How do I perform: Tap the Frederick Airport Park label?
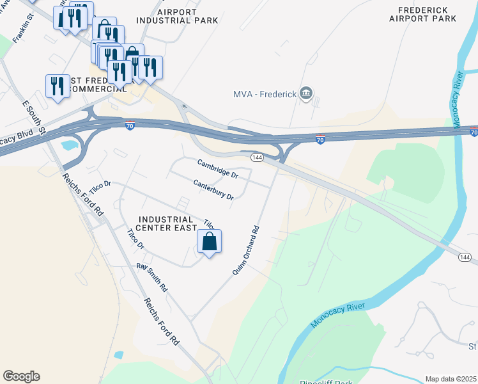point(427,14)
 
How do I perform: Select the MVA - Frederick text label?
point(265,95)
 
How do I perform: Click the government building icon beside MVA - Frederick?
point(306,94)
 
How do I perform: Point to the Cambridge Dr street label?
point(217,169)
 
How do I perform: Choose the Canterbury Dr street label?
point(213,189)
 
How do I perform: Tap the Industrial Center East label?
point(165,224)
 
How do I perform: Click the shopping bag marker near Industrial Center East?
point(209,243)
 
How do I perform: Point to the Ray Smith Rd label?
point(151,276)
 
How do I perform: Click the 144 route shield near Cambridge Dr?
point(257,157)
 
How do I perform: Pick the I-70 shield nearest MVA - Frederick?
point(321,140)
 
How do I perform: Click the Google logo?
point(21,376)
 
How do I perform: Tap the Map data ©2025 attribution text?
point(450,379)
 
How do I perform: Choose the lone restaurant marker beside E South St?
point(58,86)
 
